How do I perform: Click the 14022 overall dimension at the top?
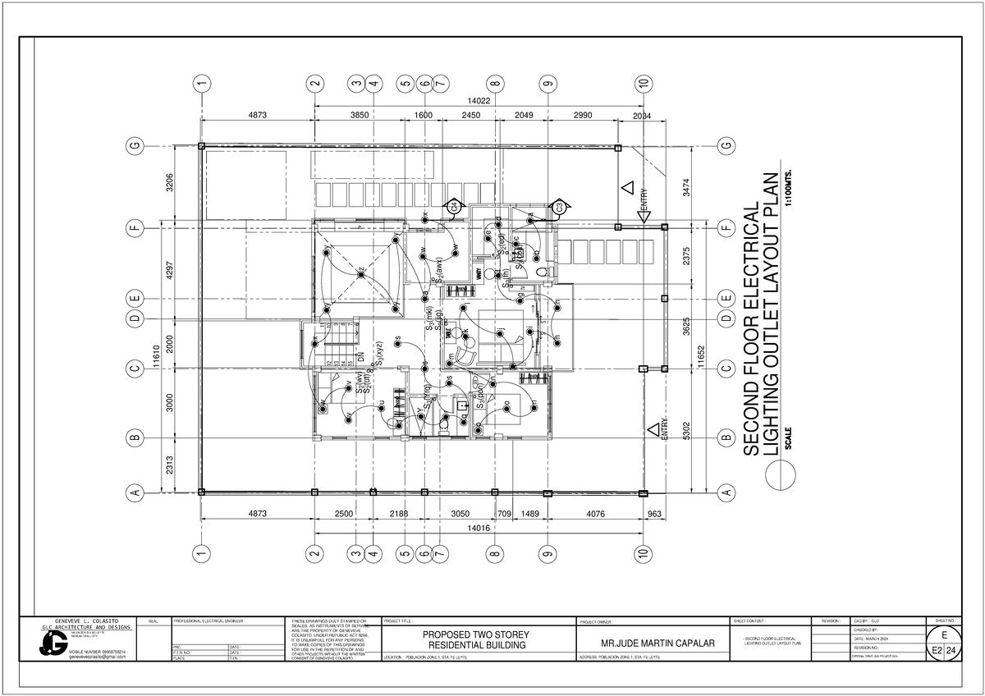[479, 101]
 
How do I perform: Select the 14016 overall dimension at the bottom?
[479, 529]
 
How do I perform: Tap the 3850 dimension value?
[359, 116]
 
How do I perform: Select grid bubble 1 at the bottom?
[199, 556]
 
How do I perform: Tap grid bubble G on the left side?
[131, 146]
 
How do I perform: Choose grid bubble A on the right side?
[725, 492]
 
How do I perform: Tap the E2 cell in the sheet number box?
[931, 651]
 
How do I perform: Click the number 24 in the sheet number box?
[950, 651]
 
